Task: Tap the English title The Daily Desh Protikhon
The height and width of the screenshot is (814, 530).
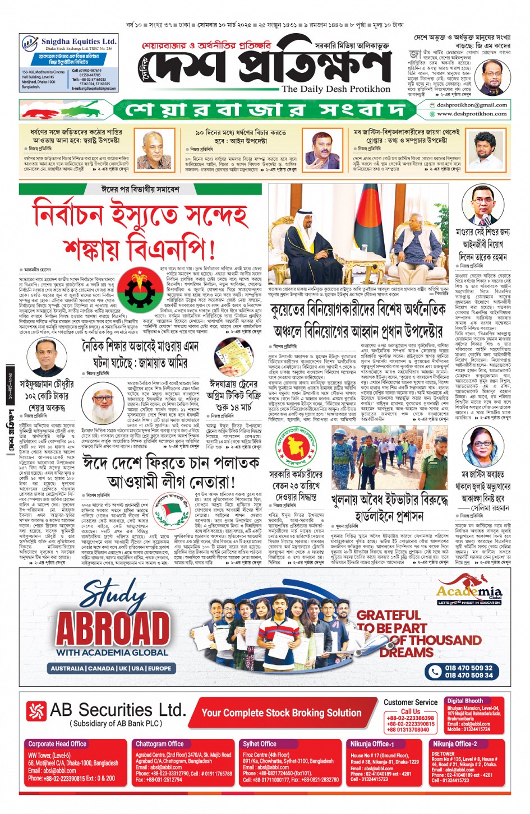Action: click(335, 89)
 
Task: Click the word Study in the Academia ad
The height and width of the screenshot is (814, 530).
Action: click(115, 593)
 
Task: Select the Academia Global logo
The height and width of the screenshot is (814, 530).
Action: click(469, 591)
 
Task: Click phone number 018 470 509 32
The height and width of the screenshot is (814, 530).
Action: click(468, 668)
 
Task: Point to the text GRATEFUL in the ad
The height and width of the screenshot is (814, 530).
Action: click(388, 616)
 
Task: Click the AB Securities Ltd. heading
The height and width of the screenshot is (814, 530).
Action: click(118, 710)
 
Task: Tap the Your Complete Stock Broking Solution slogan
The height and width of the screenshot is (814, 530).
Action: click(281, 713)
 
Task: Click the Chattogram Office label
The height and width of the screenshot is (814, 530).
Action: click(159, 744)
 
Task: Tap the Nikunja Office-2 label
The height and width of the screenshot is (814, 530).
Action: click(454, 744)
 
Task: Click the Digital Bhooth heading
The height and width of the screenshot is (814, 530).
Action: click(464, 701)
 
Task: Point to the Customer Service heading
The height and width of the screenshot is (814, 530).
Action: click(411, 702)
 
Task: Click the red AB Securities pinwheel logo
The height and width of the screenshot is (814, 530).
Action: click(36, 711)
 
